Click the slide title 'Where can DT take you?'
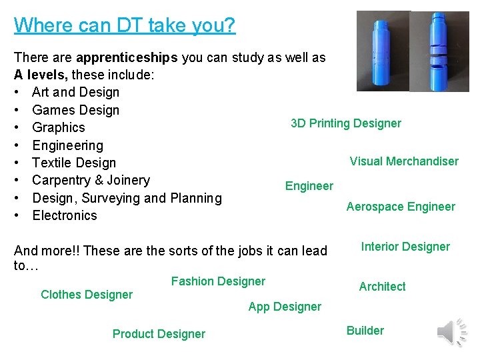click(125, 25)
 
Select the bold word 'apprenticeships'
click(127, 57)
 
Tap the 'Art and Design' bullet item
click(75, 92)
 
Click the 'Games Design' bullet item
click(75, 110)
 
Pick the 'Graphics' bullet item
click(59, 127)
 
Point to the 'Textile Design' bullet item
click(74, 163)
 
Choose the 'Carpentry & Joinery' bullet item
click(91, 180)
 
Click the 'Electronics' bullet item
click(65, 215)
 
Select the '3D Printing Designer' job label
click(346, 123)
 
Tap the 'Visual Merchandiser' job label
click(404, 161)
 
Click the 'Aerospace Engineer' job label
click(401, 207)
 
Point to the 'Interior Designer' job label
click(405, 247)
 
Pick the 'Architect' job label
click(382, 287)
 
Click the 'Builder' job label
click(365, 331)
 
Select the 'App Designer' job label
click(285, 307)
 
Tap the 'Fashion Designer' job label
click(218, 281)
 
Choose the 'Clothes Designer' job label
click(87, 295)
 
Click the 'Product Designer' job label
click(159, 334)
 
